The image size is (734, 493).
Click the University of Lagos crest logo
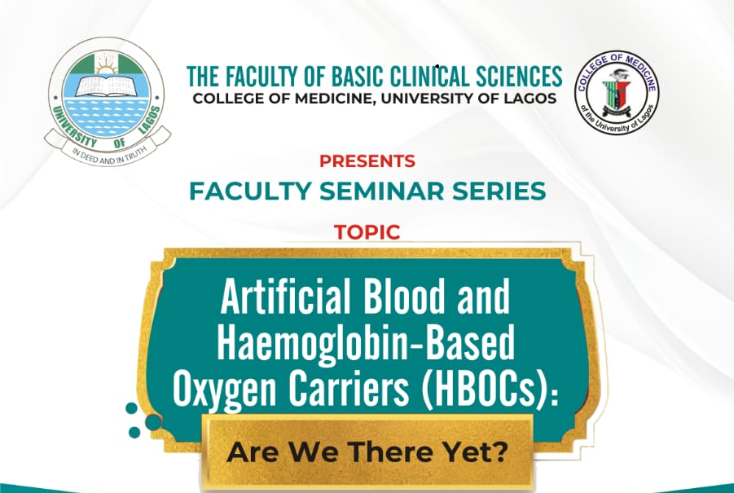108,102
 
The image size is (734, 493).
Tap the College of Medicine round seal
617,93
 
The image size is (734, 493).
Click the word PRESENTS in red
367,161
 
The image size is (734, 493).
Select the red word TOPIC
367,232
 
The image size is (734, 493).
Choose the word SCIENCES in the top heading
519,77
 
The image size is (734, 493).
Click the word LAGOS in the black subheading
531,99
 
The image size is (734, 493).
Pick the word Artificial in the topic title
286,297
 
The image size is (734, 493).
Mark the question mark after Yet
501,451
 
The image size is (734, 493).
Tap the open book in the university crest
108,86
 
